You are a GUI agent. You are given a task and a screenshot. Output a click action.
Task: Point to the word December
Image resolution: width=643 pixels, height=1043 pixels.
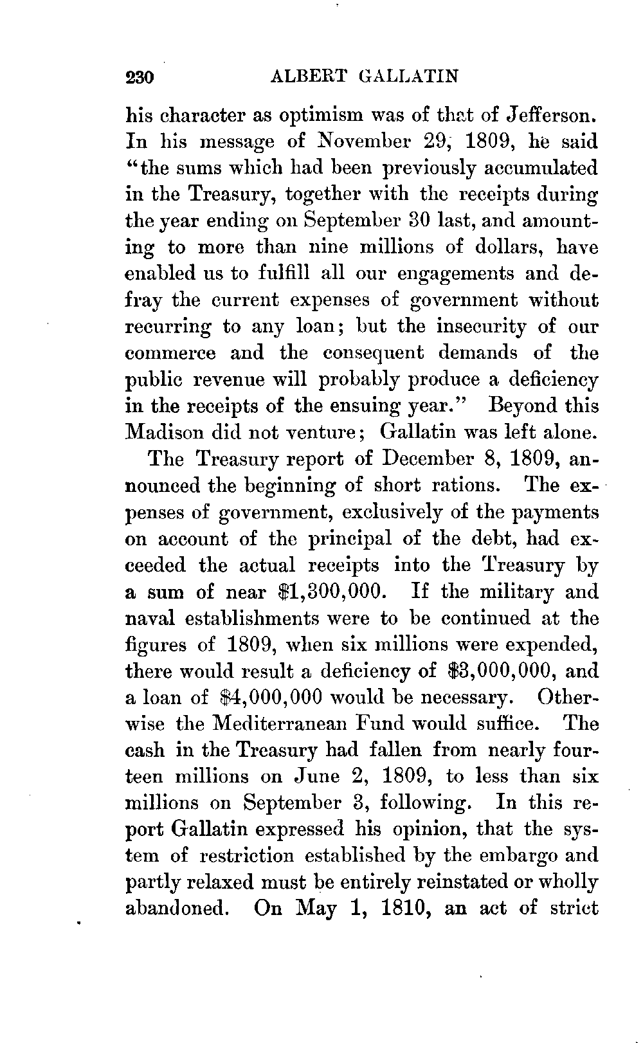pyautogui.click(x=422, y=459)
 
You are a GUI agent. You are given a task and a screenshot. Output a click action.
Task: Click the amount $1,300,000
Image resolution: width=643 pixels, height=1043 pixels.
pyautogui.click(x=330, y=591)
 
